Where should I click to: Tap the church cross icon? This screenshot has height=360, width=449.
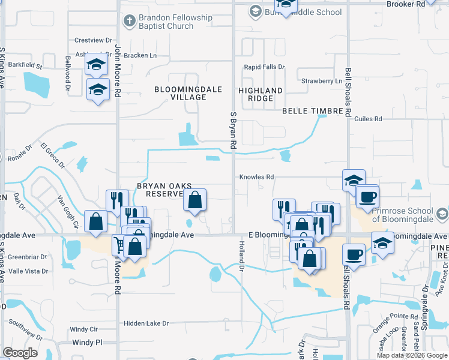tap(128, 22)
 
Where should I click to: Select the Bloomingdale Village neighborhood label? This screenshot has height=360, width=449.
tap(188, 93)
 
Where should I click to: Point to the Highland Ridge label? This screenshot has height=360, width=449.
tap(261, 94)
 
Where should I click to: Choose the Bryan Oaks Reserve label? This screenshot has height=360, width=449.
tap(159, 190)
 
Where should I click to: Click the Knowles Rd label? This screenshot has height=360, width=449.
tap(256, 177)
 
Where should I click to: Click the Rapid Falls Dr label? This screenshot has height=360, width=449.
tap(264, 67)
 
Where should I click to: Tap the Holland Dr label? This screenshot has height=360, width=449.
tap(242, 260)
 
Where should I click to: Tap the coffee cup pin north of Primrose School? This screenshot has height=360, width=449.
tap(367, 196)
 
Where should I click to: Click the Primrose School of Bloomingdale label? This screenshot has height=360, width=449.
tap(402, 215)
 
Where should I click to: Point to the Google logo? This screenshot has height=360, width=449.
tap(20, 353)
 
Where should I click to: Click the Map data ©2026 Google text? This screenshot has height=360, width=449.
tap(412, 355)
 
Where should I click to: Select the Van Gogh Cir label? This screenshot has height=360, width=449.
tap(67, 212)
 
